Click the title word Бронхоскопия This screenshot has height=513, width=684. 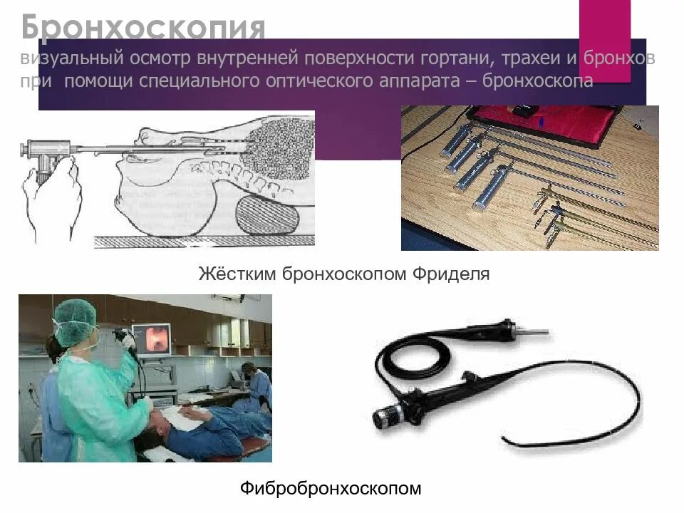(142, 28)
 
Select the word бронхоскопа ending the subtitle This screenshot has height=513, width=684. (538, 81)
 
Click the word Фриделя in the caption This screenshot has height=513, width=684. (453, 274)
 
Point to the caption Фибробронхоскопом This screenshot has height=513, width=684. (331, 488)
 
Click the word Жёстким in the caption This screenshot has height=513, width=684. (237, 274)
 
